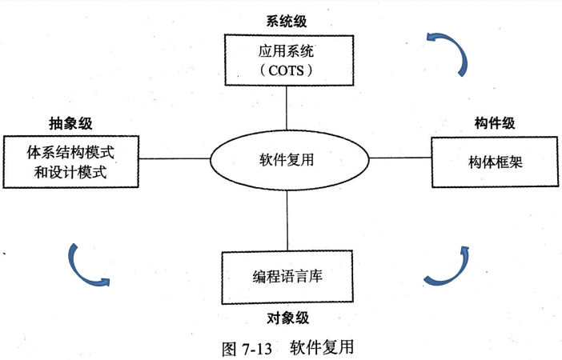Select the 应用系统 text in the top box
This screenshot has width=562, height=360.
(x=287, y=50)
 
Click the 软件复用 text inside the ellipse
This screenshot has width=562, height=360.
(x=286, y=159)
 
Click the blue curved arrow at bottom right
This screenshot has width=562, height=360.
(x=448, y=268)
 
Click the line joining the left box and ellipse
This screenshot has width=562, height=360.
(x=175, y=158)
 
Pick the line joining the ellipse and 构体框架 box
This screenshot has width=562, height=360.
(x=398, y=158)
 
